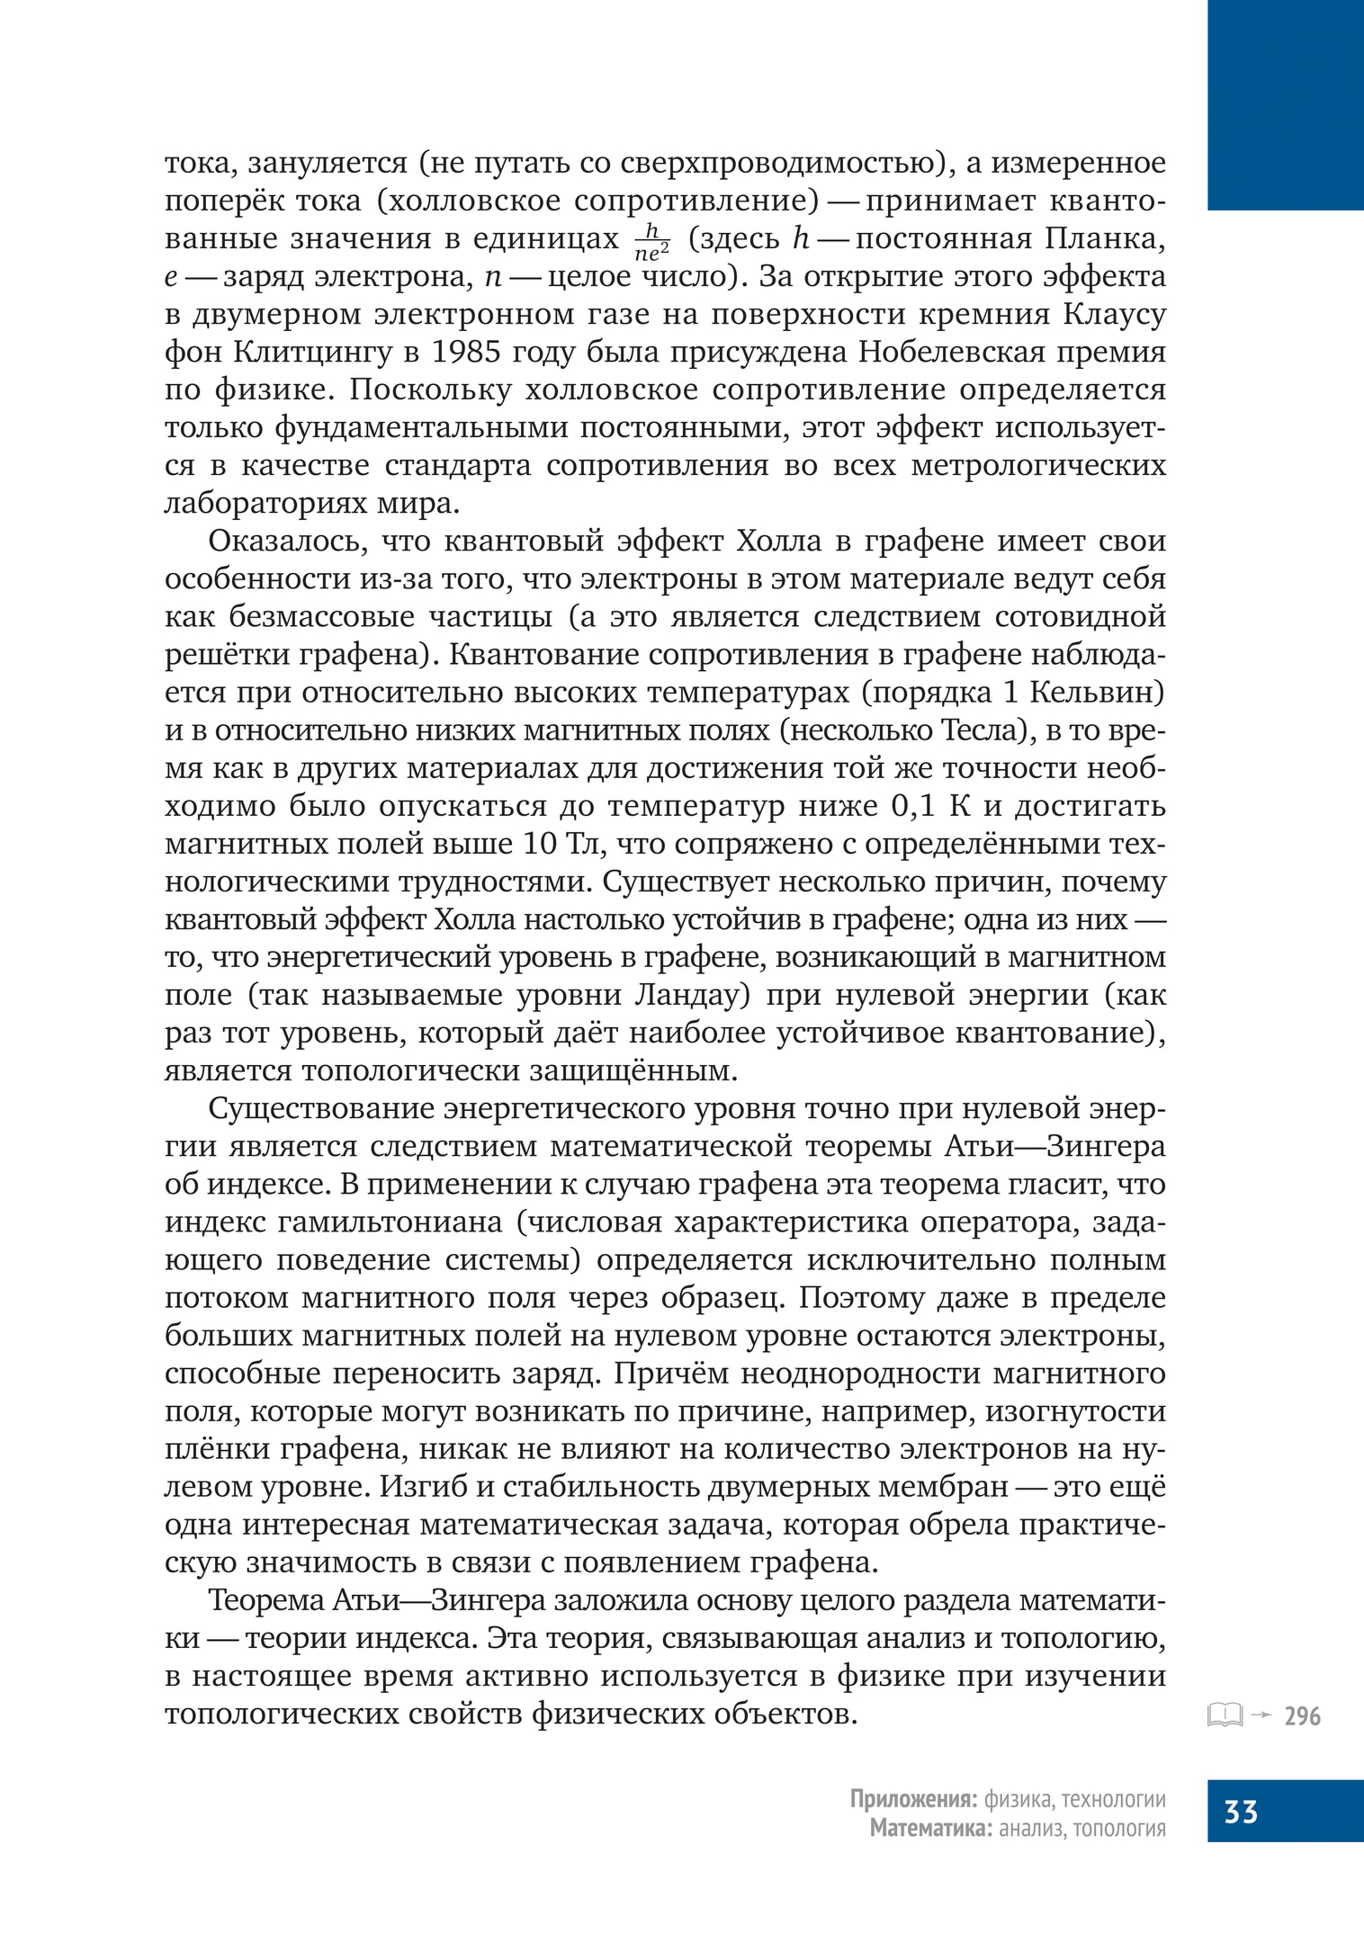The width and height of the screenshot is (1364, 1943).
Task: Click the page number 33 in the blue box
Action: click(1241, 1811)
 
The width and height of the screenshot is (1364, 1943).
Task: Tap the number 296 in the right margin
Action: click(1302, 1716)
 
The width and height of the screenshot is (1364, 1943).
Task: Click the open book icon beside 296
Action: click(1225, 1715)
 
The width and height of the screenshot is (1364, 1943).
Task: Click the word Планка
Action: click(1105, 239)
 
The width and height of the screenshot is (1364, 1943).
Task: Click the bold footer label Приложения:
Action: click(913, 1800)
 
